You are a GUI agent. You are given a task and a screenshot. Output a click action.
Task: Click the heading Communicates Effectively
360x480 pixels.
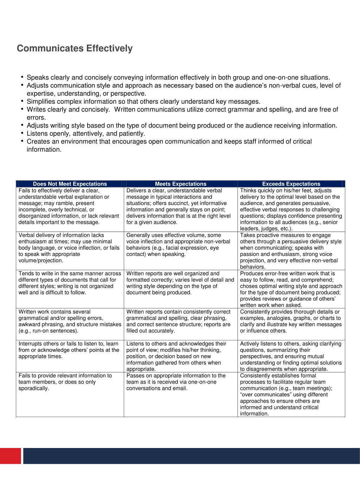75,49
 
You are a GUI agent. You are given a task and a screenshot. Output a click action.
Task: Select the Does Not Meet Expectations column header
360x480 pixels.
70,184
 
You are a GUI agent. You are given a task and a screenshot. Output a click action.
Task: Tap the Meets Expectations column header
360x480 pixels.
181,184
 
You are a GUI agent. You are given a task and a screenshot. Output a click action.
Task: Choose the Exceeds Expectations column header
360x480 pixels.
291,184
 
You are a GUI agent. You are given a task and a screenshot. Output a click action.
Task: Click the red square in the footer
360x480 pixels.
10,456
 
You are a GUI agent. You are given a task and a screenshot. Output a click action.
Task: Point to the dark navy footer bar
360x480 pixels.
192,456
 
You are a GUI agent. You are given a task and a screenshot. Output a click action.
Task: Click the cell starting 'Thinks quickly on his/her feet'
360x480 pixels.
291,209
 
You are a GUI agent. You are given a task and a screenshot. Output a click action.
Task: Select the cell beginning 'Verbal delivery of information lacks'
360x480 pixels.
70,248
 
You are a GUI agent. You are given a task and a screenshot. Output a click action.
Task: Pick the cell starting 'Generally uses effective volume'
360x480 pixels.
181,245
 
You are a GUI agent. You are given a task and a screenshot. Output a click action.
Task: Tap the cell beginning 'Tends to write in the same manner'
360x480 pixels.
70,283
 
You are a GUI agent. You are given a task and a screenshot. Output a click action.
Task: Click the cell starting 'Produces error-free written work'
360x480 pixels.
291,289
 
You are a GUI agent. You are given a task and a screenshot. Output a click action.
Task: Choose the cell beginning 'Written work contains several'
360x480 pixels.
70,321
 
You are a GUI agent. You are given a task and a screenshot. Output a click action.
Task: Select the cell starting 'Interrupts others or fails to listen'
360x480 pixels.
70,350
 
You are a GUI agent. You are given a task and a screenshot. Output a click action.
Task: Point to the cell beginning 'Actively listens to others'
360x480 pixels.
291,356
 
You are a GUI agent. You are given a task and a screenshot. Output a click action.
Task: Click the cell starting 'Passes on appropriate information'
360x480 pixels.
181,382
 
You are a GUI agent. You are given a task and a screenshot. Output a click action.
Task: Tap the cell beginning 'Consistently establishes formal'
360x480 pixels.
291,395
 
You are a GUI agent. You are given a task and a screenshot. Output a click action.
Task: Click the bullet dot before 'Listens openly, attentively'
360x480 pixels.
22,133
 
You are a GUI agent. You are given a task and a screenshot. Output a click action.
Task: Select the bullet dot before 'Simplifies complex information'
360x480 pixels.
22,101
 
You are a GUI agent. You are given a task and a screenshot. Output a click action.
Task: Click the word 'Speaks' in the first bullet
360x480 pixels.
38,78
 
